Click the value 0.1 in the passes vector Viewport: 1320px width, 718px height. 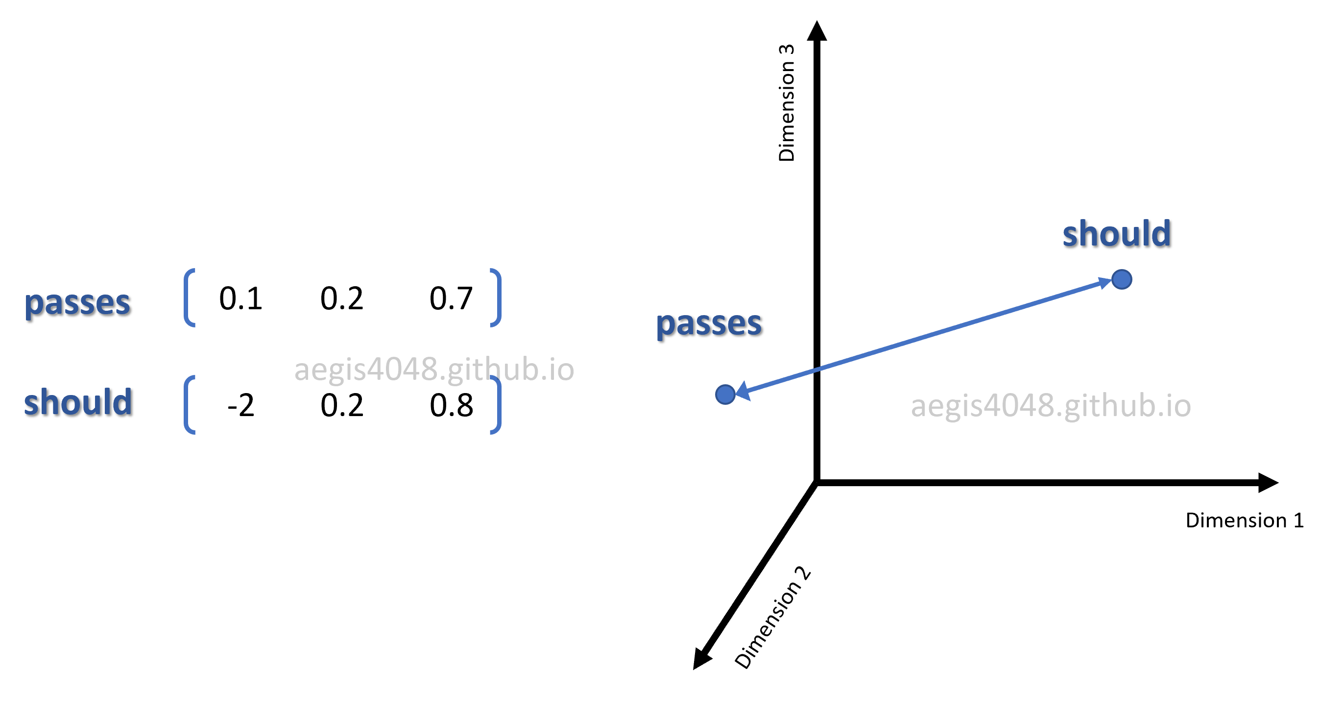[240, 298]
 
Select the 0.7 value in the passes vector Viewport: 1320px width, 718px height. [451, 298]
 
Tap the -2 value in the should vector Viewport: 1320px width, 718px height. [240, 406]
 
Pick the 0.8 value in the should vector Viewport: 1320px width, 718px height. [451, 406]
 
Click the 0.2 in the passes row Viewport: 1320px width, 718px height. [342, 298]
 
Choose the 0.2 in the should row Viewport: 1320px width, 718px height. [342, 406]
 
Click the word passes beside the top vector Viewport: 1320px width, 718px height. [78, 303]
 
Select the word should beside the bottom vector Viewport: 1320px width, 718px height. [78, 401]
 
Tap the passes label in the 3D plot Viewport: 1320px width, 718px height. [709, 324]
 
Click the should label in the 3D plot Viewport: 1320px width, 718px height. [1117, 234]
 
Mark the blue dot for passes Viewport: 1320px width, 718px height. [725, 395]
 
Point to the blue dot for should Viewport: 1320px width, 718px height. [1122, 279]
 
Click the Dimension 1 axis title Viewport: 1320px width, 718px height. [1245, 520]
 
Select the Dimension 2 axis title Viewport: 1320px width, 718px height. [773, 618]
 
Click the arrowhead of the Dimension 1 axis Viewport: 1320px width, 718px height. [1269, 483]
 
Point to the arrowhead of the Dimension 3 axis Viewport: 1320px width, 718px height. [817, 30]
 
